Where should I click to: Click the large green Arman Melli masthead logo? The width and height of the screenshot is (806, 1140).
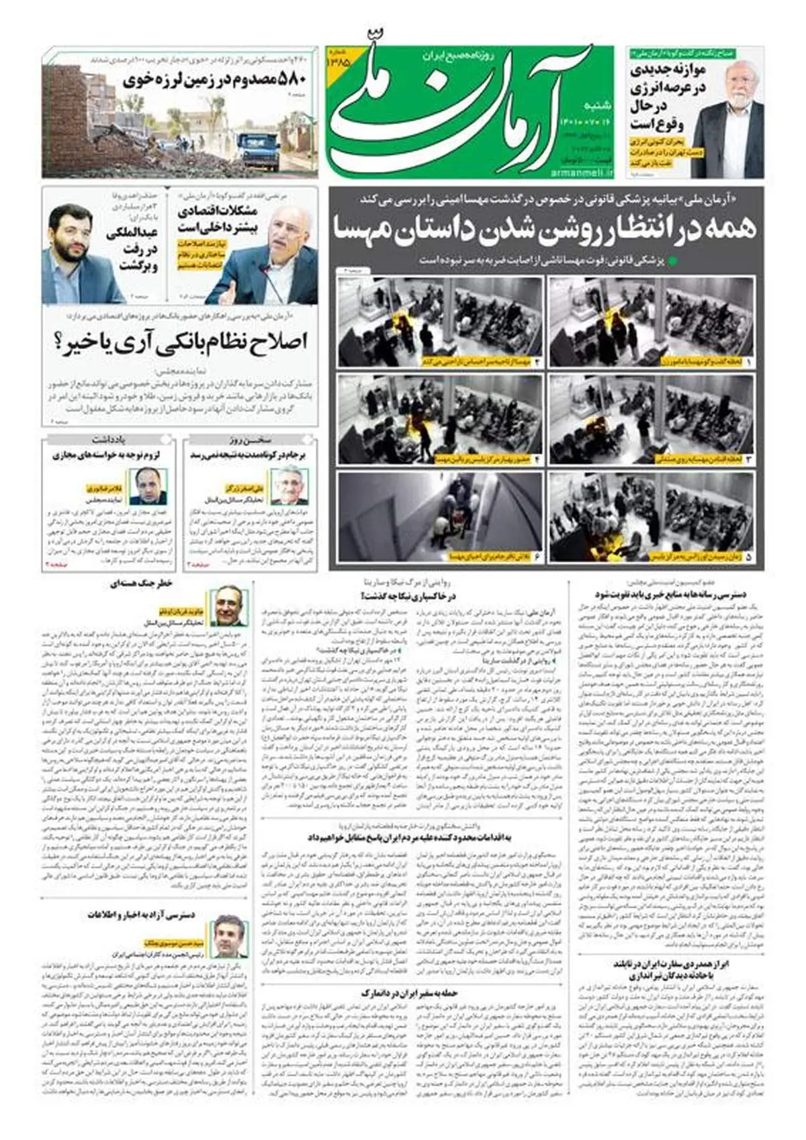tap(463, 107)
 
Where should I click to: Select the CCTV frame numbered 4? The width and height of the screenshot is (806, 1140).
tap(440, 419)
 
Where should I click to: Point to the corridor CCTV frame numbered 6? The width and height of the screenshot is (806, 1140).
tap(440, 518)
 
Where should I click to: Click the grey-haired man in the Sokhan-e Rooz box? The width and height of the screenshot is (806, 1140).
tap(289, 485)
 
